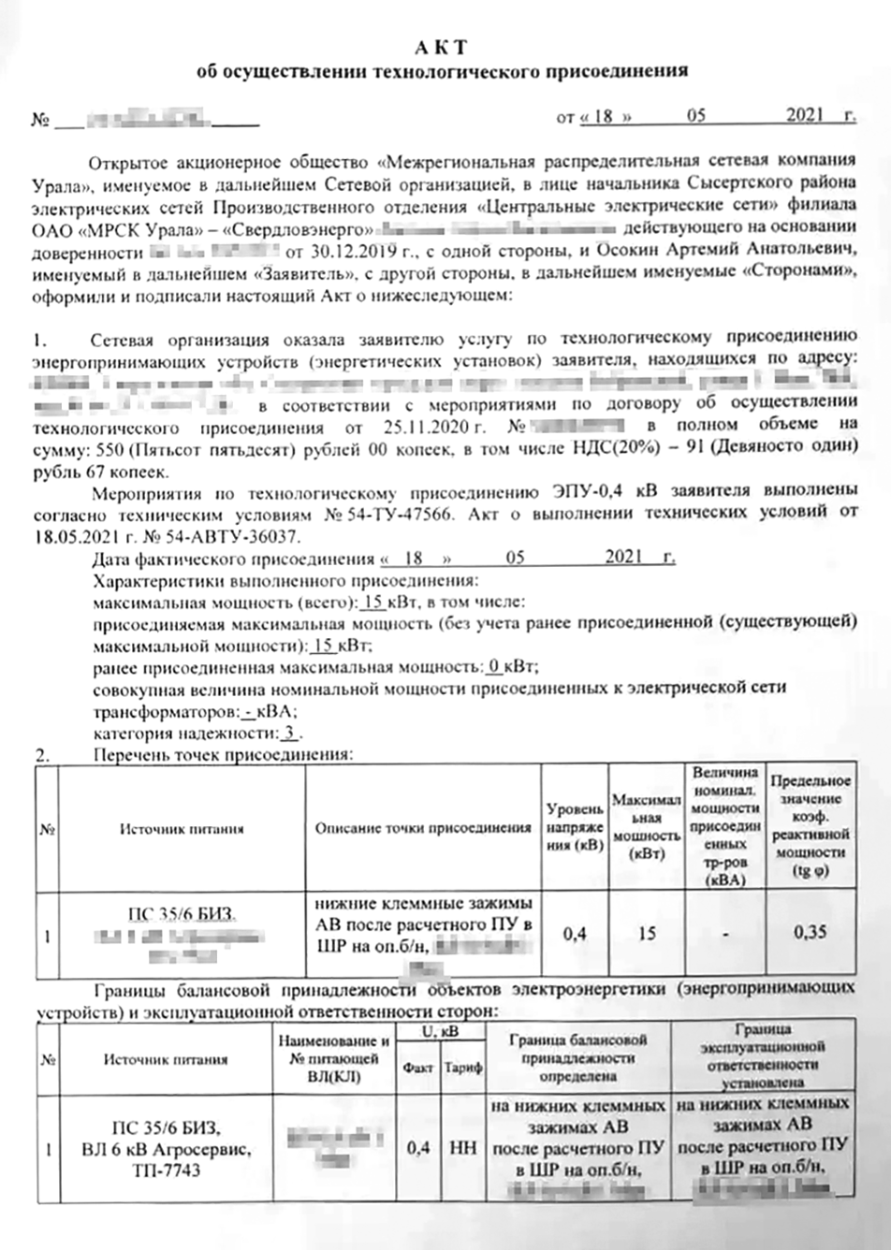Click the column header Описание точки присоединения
(x=423, y=829)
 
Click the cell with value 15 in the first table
(x=647, y=933)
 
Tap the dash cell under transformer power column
(x=725, y=934)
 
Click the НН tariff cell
(x=463, y=1147)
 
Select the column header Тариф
(x=463, y=1068)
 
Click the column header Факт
(x=417, y=1068)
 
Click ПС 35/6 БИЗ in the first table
(x=181, y=913)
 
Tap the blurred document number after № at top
(x=154, y=119)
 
